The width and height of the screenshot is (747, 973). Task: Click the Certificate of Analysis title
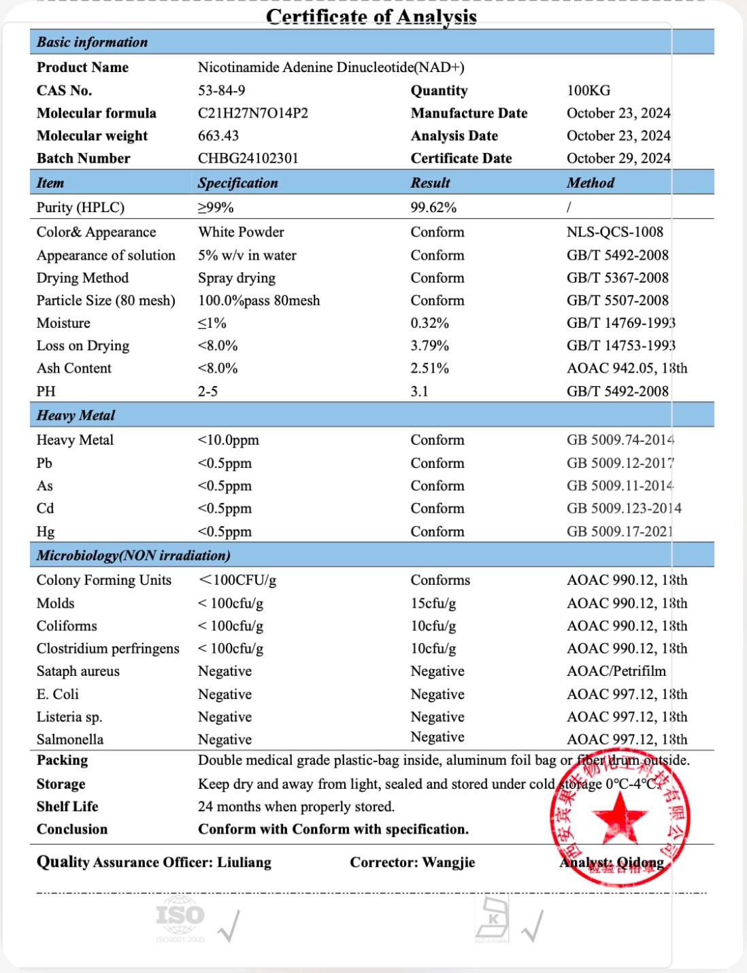371,16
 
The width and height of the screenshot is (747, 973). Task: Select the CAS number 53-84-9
221,90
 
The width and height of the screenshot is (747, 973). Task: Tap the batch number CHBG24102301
248,158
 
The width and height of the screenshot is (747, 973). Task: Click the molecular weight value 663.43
218,135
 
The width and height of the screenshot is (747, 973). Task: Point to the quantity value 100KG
588,90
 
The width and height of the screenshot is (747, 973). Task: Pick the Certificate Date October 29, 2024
618,158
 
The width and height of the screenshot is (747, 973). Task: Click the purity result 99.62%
433,207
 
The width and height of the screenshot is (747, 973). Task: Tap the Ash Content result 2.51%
429,368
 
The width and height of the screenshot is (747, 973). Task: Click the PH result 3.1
419,391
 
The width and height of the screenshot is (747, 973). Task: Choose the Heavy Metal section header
76,415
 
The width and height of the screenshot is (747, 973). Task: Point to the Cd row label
45,508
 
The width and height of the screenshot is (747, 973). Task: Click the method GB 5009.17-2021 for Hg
619,531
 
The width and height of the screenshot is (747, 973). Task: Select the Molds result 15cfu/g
433,603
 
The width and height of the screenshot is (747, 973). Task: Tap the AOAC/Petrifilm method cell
616,671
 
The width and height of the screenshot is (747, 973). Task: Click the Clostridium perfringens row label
107,648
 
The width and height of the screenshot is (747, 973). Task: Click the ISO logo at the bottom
180,915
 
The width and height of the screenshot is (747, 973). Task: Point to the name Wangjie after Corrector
448,862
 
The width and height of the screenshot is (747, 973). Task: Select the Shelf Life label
67,806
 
